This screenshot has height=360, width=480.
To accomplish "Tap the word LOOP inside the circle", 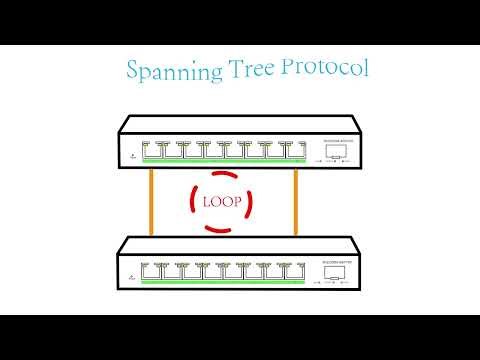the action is click(x=224, y=202).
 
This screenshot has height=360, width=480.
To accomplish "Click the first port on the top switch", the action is click(x=152, y=149).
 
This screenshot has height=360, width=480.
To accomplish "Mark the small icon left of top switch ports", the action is click(x=131, y=155).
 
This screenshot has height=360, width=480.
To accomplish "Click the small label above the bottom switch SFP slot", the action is click(x=331, y=261).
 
